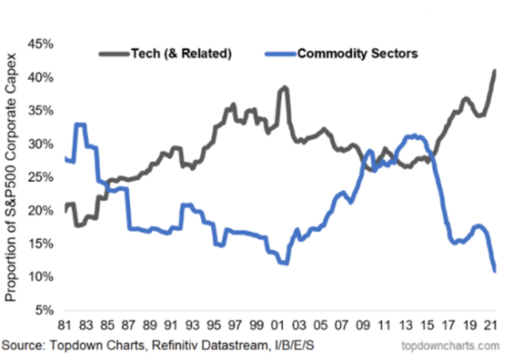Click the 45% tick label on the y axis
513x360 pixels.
pos(41,44)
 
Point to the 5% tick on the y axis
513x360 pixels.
pos(45,310)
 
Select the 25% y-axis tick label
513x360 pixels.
pos(41,177)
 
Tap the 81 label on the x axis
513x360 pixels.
pos(65,325)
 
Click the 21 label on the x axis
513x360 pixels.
pos(490,325)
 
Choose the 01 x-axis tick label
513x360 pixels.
pos(277,325)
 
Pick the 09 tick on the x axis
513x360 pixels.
pos(363,325)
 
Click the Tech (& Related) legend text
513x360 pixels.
pos(181,54)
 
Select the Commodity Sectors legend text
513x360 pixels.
pos(357,54)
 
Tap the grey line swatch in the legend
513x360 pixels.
pos(114,54)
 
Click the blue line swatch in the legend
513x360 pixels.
pos(280,54)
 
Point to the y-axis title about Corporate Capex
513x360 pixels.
pos(11,177)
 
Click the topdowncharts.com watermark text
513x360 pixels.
pos(450,345)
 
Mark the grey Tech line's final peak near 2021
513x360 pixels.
pos(495,71)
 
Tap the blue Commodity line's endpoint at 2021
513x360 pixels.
pos(495,270)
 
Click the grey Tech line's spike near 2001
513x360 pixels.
pos(284,88)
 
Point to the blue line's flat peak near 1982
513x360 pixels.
pos(80,125)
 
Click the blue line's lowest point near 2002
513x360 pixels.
pos(285,263)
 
